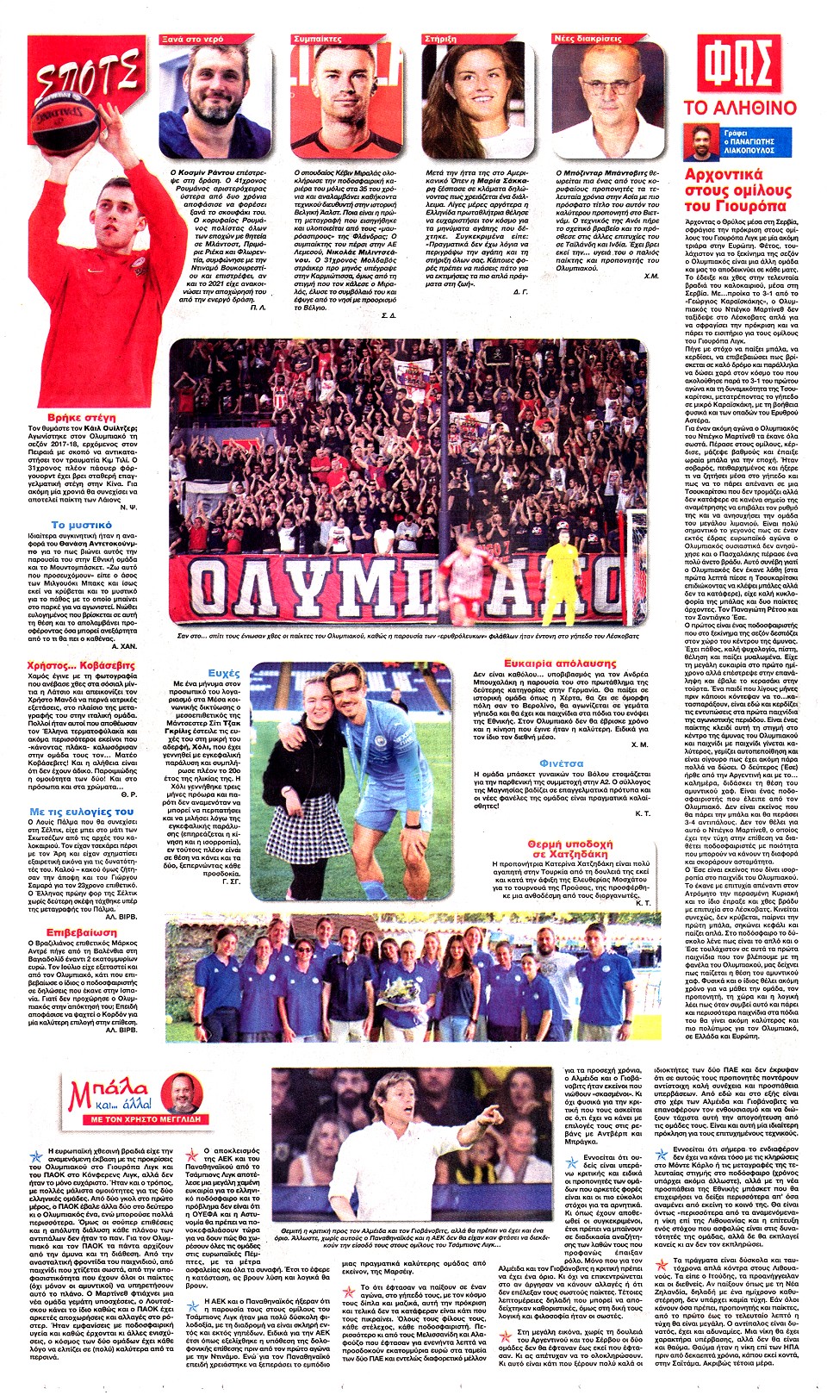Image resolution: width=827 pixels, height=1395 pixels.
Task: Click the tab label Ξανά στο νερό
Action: tap(193, 39)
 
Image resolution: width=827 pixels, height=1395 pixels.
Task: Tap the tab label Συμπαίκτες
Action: tap(318, 39)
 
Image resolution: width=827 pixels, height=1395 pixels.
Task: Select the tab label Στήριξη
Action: tap(441, 39)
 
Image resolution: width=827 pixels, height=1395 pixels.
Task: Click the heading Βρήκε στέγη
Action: tap(82, 417)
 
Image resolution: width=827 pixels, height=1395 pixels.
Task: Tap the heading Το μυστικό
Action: tap(82, 524)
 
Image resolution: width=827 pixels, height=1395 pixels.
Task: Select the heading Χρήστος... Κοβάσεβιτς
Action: tap(81, 665)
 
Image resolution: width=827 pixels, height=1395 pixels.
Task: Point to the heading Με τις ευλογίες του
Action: tap(82, 811)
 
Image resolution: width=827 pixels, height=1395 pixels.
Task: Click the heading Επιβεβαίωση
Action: tap(82, 932)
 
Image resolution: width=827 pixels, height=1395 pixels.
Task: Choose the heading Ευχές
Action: tap(224, 672)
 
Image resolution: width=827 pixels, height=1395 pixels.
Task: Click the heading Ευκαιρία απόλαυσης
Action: tap(561, 663)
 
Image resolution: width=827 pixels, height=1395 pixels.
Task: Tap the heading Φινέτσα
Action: tap(561, 763)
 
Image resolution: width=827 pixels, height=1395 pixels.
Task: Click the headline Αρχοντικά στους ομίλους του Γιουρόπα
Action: tap(737, 190)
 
